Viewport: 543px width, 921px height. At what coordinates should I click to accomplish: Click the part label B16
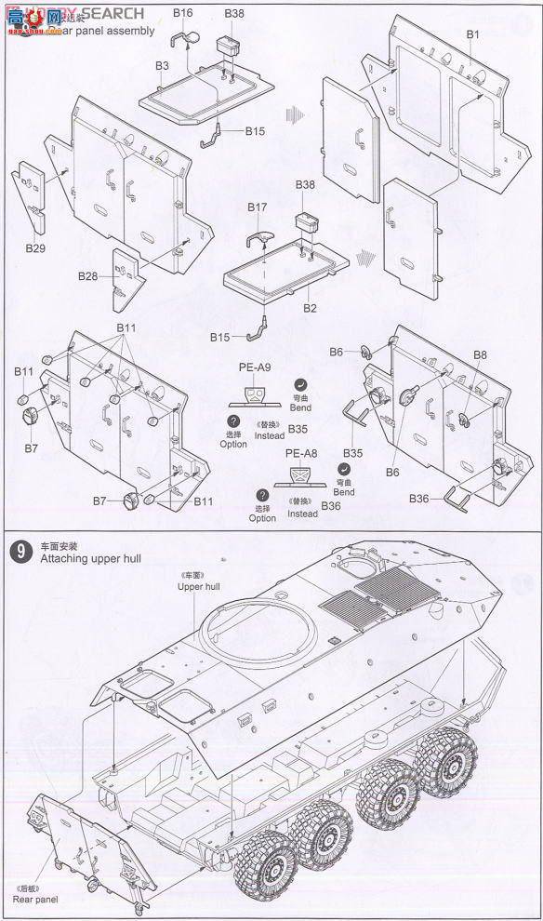point(182,13)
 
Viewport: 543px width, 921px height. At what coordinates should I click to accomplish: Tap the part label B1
point(471,34)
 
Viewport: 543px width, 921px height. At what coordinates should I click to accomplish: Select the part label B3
point(162,66)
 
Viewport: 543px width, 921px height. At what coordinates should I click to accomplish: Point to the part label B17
point(258,206)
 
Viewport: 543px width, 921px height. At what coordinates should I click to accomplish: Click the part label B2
point(311,308)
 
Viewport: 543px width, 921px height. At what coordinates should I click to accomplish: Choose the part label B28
point(88,276)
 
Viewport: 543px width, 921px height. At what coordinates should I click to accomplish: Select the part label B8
point(480,354)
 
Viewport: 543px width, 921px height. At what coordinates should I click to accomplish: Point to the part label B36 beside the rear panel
point(420,500)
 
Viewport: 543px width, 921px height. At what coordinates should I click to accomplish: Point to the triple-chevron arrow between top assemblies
point(296,114)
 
